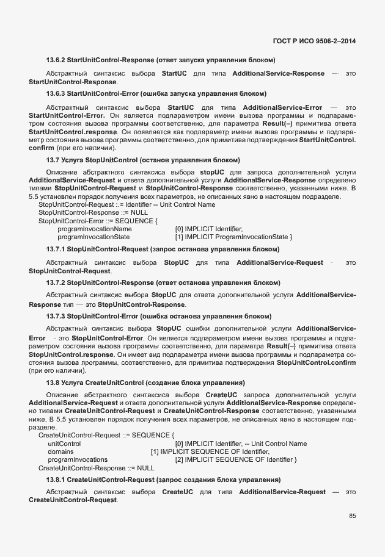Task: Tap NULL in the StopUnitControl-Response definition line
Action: point(131,213)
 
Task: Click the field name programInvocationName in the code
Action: point(95,229)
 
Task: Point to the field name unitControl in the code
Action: point(64,444)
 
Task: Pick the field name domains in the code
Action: point(61,451)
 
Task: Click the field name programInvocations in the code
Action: point(78,459)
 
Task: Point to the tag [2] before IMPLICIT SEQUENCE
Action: point(179,459)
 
